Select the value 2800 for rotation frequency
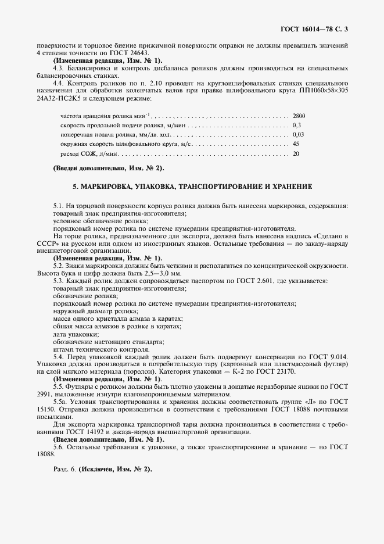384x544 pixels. [x=299, y=116]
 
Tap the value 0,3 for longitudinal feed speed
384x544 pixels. [x=297, y=125]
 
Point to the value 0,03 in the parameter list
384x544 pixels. [x=298, y=134]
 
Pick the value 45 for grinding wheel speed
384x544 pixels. [x=296, y=143]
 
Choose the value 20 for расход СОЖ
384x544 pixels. [x=296, y=154]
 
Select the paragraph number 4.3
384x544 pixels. [x=59, y=69]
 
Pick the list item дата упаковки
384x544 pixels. [x=76, y=334]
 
